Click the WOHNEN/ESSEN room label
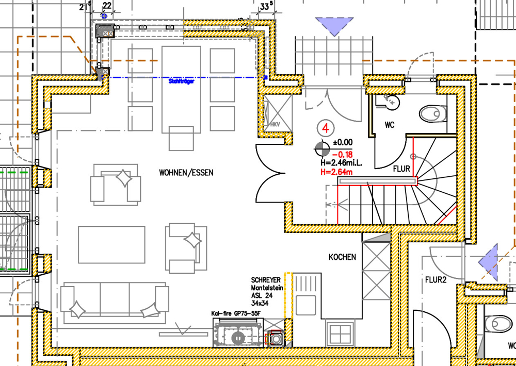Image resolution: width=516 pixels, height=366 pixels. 186,173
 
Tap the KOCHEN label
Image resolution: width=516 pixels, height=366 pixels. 343,257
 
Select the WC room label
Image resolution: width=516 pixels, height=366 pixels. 390,125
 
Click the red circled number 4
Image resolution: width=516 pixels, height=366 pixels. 326,127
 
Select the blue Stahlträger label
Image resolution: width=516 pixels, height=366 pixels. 181,81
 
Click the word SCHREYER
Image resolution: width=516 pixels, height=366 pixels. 266,280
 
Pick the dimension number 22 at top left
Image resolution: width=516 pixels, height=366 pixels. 107,5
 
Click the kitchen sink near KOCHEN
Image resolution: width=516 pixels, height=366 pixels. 339,334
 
